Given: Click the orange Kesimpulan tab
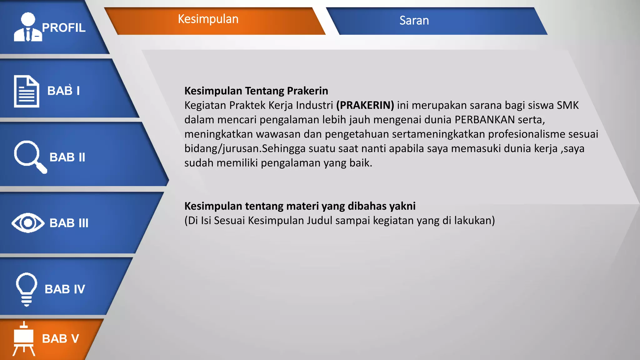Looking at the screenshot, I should (208, 20).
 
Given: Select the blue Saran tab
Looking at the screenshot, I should (414, 21).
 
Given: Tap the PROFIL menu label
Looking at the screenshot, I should (64, 28).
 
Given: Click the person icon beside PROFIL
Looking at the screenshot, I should (28, 27).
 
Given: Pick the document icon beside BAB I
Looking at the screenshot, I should (27, 91).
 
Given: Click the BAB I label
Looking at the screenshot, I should (63, 91).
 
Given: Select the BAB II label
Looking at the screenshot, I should (67, 157).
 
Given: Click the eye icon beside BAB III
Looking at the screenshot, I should (28, 223).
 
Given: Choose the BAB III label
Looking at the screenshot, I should (69, 223).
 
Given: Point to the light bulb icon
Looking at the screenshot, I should (27, 289).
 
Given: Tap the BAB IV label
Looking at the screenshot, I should (65, 289).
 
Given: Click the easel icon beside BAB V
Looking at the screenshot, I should (24, 339).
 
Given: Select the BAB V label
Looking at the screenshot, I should (60, 339).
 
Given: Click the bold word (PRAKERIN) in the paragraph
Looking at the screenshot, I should (365, 105).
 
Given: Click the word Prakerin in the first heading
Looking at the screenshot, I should (307, 91).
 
